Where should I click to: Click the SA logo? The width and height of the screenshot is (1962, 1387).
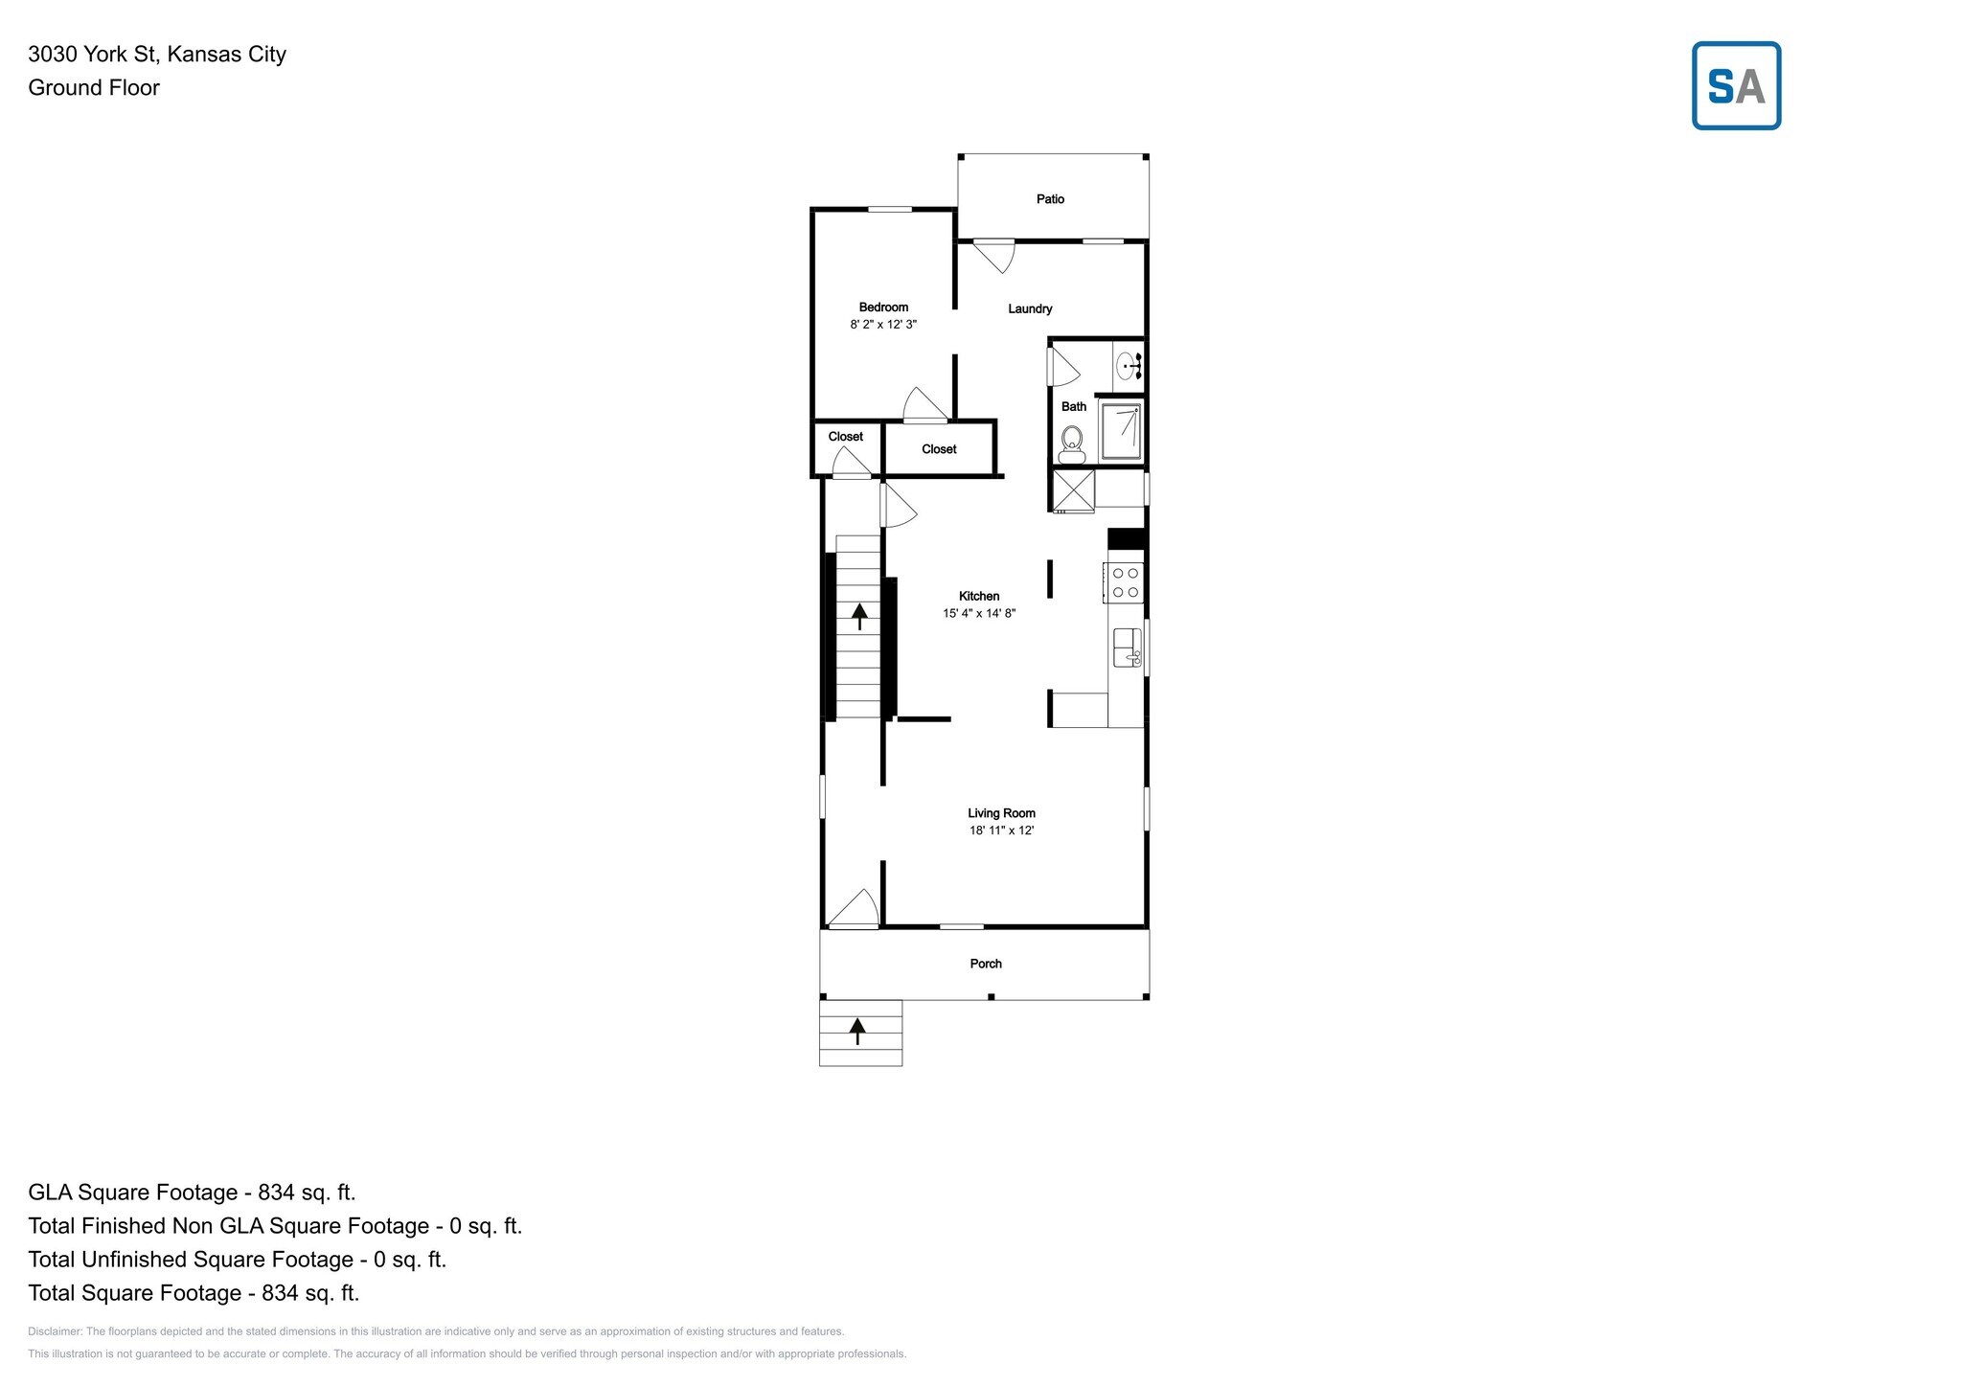tap(1736, 85)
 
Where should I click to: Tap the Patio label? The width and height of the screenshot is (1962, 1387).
tap(1050, 199)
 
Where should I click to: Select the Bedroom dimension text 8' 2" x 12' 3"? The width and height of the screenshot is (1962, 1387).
tap(883, 325)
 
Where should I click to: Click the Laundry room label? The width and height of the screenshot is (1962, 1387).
tap(1030, 308)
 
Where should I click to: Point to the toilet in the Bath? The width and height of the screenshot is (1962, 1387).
tap(1071, 443)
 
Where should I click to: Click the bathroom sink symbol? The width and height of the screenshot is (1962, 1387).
tap(1129, 366)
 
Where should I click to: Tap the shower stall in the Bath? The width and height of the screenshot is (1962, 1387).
tap(1121, 432)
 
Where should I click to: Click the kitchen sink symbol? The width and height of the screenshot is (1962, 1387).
tap(1128, 648)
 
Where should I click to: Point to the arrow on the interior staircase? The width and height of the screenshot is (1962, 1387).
tap(859, 615)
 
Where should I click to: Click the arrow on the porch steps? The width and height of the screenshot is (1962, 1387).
tap(857, 1031)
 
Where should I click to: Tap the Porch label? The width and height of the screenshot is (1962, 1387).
tap(986, 964)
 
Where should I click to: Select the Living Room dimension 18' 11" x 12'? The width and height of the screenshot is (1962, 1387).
tap(1001, 830)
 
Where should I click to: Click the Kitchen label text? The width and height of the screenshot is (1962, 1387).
tap(979, 596)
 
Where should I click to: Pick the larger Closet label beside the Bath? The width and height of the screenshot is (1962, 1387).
tap(939, 449)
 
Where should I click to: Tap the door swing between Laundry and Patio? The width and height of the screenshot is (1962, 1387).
tap(993, 256)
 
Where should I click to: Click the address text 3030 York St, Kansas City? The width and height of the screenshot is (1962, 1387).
tap(157, 54)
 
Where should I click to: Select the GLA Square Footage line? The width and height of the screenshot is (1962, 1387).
tap(192, 1193)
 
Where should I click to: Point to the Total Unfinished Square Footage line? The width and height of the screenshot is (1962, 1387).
tap(238, 1260)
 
